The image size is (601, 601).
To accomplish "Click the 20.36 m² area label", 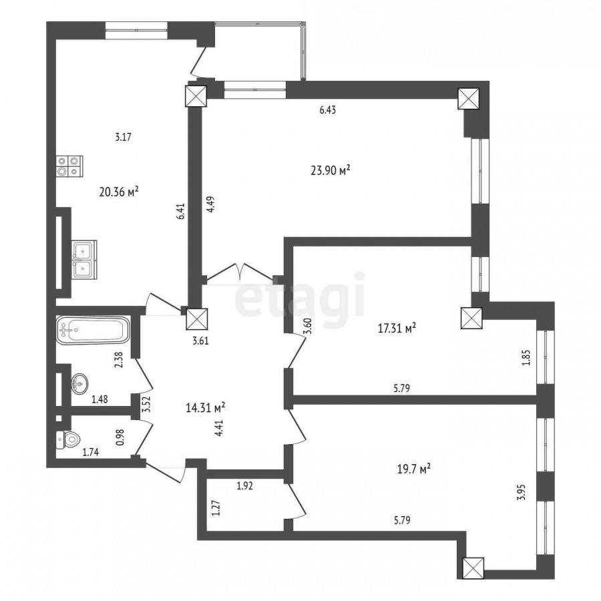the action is (119, 192).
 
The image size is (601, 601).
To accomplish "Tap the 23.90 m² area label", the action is (331, 170).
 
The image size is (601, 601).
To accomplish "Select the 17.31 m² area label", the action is (397, 329).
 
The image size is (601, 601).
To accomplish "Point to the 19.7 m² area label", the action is (414, 469).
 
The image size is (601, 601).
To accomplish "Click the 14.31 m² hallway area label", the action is (205, 407).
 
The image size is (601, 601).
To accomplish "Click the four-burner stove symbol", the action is (69, 166).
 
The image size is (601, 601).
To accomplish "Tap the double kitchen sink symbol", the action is (84, 260).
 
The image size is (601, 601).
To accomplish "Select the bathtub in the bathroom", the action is (93, 330).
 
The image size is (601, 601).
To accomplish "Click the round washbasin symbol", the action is (79, 384).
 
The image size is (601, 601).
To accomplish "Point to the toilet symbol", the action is (67, 439).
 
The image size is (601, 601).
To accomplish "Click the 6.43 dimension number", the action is (328, 110).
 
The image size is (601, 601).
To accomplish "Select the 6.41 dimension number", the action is (181, 211).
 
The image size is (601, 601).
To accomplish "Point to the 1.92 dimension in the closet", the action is (245, 486).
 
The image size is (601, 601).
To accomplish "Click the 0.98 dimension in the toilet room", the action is (121, 437).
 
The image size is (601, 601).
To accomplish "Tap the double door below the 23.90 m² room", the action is (240, 272).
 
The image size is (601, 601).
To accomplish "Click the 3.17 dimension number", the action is (124, 137).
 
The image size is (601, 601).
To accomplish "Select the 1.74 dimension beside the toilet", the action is (91, 452).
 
